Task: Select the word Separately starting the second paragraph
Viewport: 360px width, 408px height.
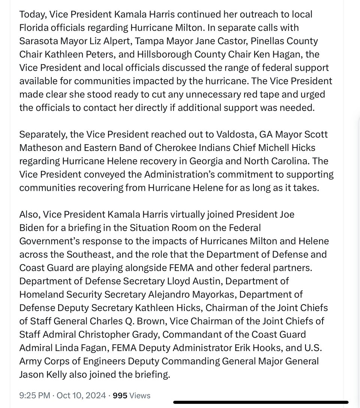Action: coord(41,135)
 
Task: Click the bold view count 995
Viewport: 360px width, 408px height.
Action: coord(120,395)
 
